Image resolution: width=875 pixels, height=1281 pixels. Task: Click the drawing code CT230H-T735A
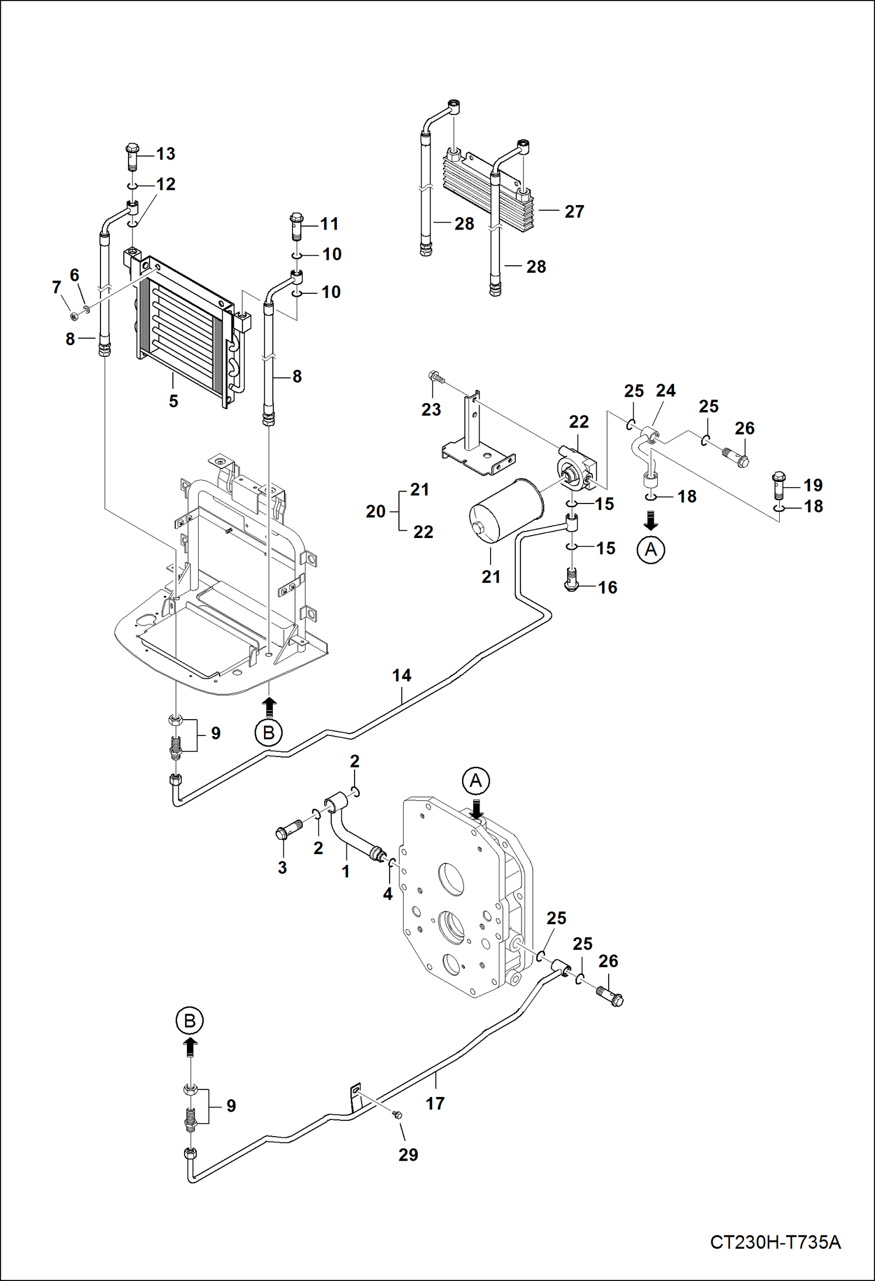point(775,1241)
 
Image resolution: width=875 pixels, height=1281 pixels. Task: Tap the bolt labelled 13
point(132,156)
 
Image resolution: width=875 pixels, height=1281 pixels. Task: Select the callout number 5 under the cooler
point(173,401)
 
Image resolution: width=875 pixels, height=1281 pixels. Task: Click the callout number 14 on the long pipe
point(401,675)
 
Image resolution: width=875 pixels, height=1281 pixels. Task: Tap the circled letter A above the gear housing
point(476,781)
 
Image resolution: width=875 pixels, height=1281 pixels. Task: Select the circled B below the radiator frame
point(269,733)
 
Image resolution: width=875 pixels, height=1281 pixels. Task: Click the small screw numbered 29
point(398,1115)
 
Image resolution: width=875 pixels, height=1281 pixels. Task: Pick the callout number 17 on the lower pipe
point(435,1103)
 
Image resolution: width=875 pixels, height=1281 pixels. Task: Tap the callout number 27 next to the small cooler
point(574,211)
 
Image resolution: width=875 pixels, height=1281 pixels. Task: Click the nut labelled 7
point(74,316)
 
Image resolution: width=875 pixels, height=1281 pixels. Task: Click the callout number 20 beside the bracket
point(376,511)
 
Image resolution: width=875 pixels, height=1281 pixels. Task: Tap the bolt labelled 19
point(778,483)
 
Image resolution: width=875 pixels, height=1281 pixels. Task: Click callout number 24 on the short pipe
point(665,390)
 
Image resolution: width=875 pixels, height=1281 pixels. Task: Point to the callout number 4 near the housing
point(387,894)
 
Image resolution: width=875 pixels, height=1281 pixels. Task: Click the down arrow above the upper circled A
point(651,519)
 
